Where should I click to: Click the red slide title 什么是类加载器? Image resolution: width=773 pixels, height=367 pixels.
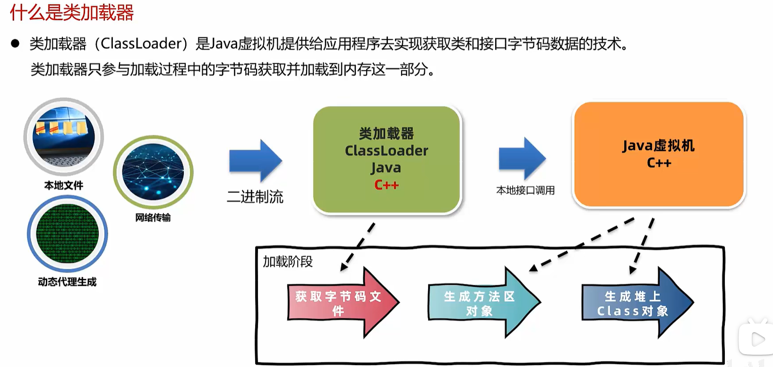(72, 12)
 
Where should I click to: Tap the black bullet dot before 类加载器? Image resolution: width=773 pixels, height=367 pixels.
(15, 44)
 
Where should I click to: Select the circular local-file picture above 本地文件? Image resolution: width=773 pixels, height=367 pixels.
(64, 137)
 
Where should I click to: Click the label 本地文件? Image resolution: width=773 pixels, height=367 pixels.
(64, 185)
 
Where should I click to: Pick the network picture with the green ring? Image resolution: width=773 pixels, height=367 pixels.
(153, 173)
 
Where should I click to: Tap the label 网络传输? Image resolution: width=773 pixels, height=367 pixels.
(153, 217)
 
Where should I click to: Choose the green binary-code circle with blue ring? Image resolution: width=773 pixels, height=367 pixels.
(67, 234)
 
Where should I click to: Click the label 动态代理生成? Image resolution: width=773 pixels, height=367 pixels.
(67, 282)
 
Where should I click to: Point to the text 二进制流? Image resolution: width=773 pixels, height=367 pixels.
(255, 197)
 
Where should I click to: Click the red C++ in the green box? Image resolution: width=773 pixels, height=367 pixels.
(386, 185)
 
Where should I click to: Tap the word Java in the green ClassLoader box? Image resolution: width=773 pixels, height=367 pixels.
(386, 168)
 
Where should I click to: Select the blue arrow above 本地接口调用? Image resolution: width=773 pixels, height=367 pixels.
(523, 159)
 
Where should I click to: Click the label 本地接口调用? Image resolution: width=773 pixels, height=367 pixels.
(525, 191)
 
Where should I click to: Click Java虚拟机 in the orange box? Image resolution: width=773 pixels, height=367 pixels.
(658, 146)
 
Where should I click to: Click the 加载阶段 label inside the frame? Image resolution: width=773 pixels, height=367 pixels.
(288, 262)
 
